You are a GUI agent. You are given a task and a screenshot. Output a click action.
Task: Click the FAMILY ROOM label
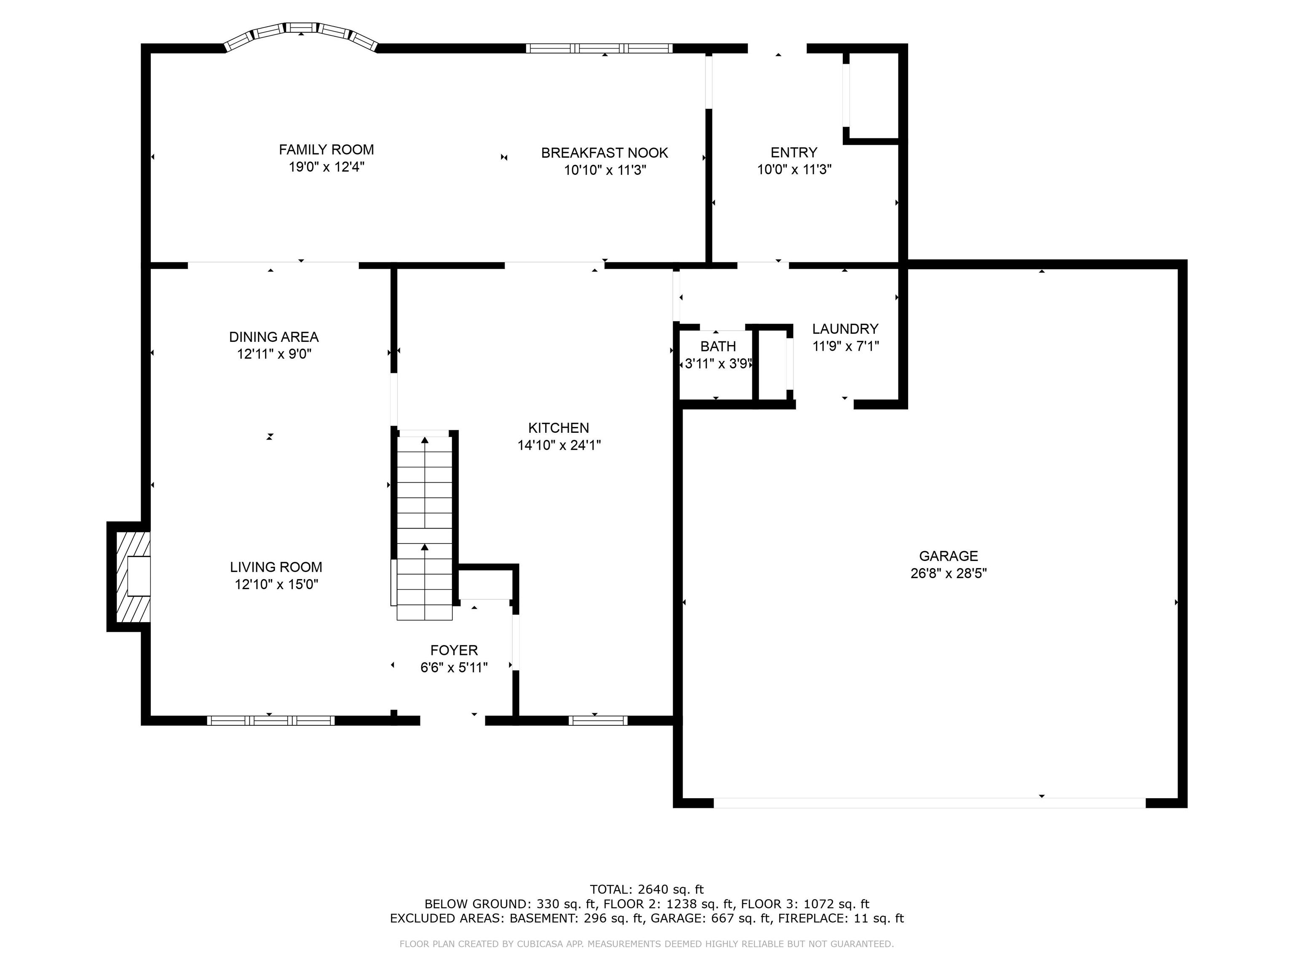(326, 150)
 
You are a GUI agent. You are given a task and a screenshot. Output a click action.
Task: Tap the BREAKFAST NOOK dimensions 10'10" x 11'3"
(604, 170)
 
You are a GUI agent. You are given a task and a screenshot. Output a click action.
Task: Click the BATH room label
(718, 346)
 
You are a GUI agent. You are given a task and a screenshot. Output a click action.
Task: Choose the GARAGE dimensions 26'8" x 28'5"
(948, 573)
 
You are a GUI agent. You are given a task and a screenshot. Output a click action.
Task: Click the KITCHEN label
(558, 428)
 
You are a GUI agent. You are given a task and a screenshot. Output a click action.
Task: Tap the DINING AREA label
(273, 337)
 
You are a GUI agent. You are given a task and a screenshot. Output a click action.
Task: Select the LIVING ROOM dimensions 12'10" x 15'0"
(276, 584)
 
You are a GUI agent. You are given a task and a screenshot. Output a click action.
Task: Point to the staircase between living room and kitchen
(424, 527)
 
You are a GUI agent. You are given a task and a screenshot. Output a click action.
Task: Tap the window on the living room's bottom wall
(270, 721)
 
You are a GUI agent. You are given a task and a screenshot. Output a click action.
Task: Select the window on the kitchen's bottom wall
(597, 721)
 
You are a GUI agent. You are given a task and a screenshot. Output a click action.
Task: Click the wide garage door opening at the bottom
(929, 803)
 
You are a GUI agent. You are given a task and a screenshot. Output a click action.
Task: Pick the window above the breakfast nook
(599, 48)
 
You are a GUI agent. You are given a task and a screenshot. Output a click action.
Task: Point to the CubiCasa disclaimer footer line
(647, 944)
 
